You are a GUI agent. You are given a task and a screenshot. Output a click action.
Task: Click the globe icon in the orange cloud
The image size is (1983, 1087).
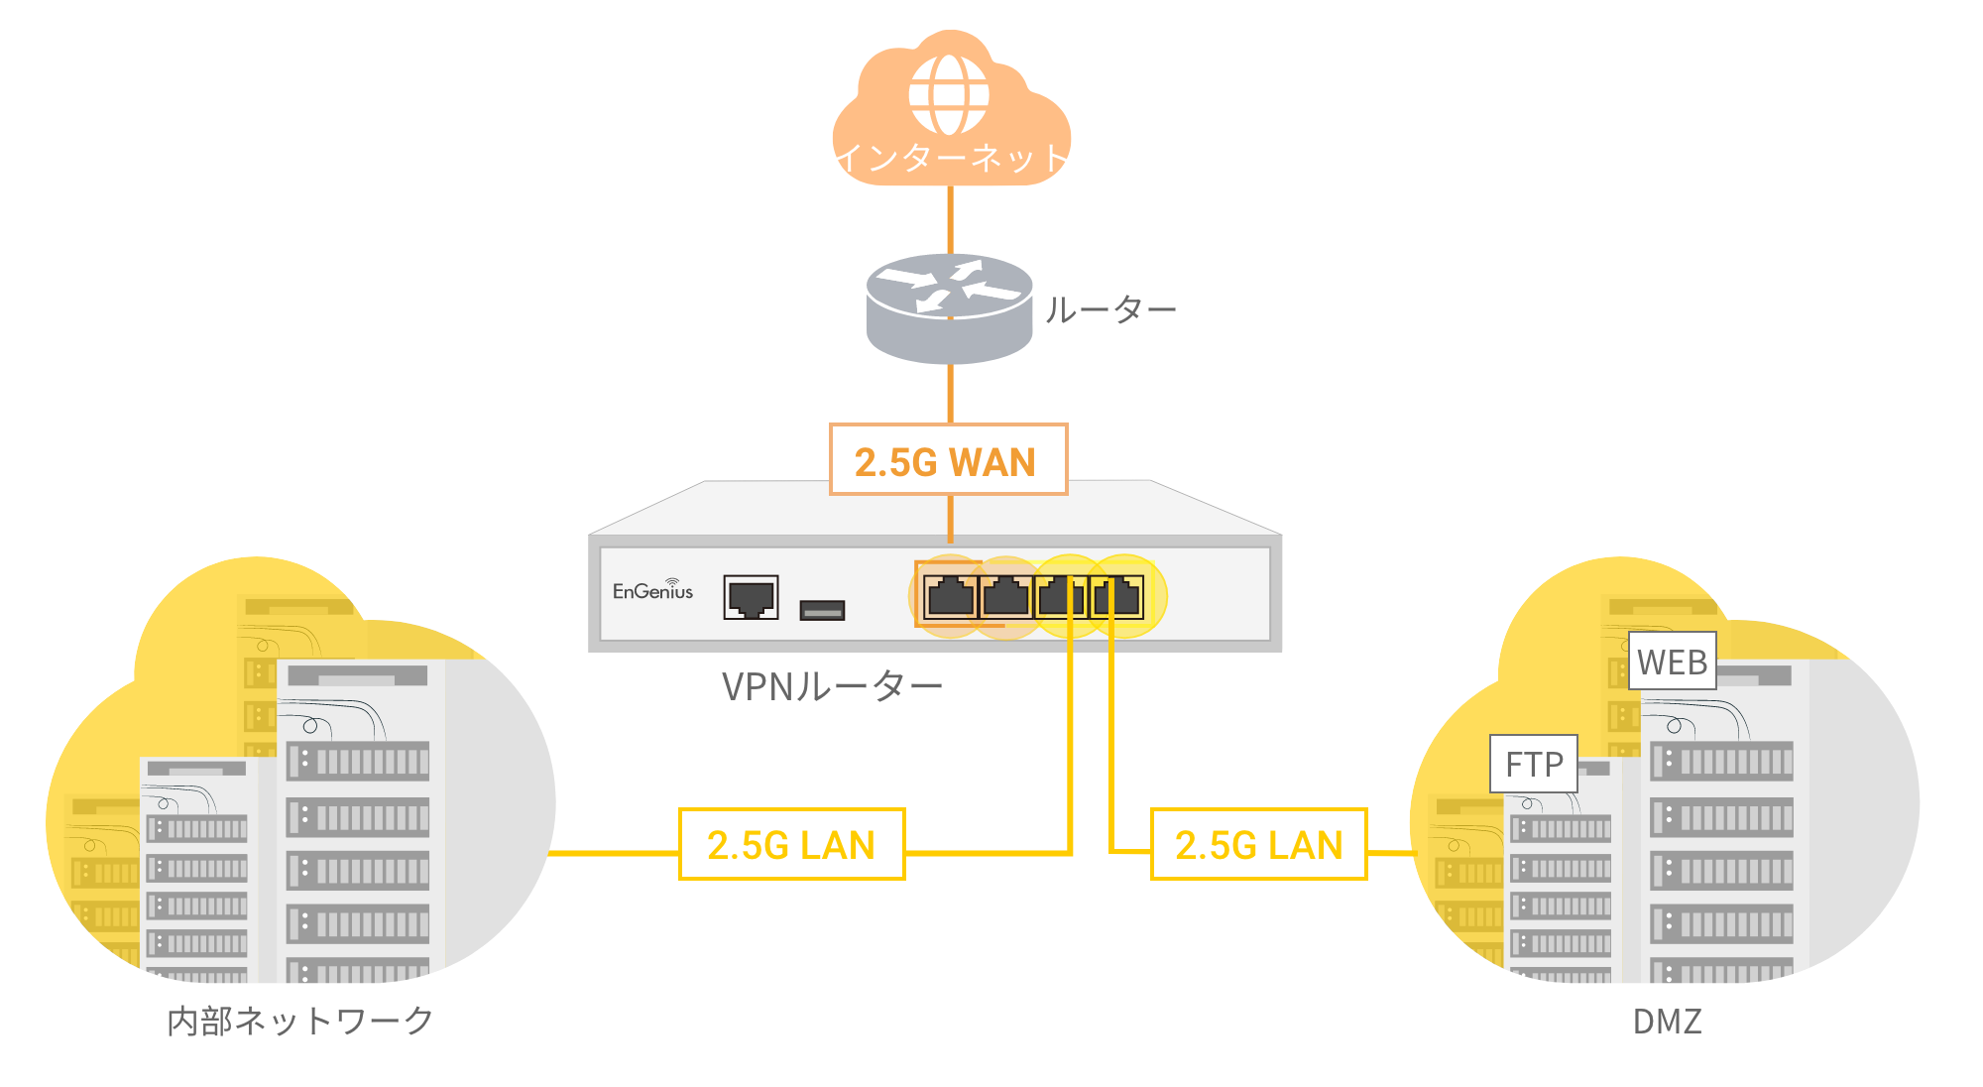pos(949,94)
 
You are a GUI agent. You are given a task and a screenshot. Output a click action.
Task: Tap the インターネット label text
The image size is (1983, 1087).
pos(950,158)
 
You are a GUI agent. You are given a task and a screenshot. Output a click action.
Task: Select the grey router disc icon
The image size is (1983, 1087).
pos(949,307)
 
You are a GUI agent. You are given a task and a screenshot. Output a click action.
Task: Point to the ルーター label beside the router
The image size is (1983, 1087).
pos(1110,310)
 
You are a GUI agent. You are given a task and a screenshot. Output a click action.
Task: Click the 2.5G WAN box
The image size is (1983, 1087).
pos(948,460)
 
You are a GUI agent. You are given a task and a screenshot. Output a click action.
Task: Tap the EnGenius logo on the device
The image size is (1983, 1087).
pos(652,590)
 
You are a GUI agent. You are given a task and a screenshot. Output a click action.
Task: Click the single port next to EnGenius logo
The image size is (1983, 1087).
pos(751,597)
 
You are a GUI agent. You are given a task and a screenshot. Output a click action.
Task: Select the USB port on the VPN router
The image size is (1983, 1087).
pos(822,610)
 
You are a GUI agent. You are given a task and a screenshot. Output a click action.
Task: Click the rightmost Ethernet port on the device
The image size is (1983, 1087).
pos(1116,597)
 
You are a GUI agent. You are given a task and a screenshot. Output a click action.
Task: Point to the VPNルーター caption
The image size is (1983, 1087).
pos(831,686)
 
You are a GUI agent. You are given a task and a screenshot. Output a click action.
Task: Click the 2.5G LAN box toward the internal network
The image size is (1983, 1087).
pos(791,845)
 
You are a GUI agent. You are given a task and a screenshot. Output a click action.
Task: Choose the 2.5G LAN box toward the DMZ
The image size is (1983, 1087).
pos(1258,845)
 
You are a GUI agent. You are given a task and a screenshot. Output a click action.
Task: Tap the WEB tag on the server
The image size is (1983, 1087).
pos(1672,662)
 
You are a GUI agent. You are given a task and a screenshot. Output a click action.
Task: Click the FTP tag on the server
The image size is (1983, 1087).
pos(1533,764)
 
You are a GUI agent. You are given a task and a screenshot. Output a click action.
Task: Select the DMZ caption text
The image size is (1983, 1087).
pos(1667,1022)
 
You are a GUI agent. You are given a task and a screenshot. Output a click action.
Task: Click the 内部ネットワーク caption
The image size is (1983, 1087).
pos(299,1021)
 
